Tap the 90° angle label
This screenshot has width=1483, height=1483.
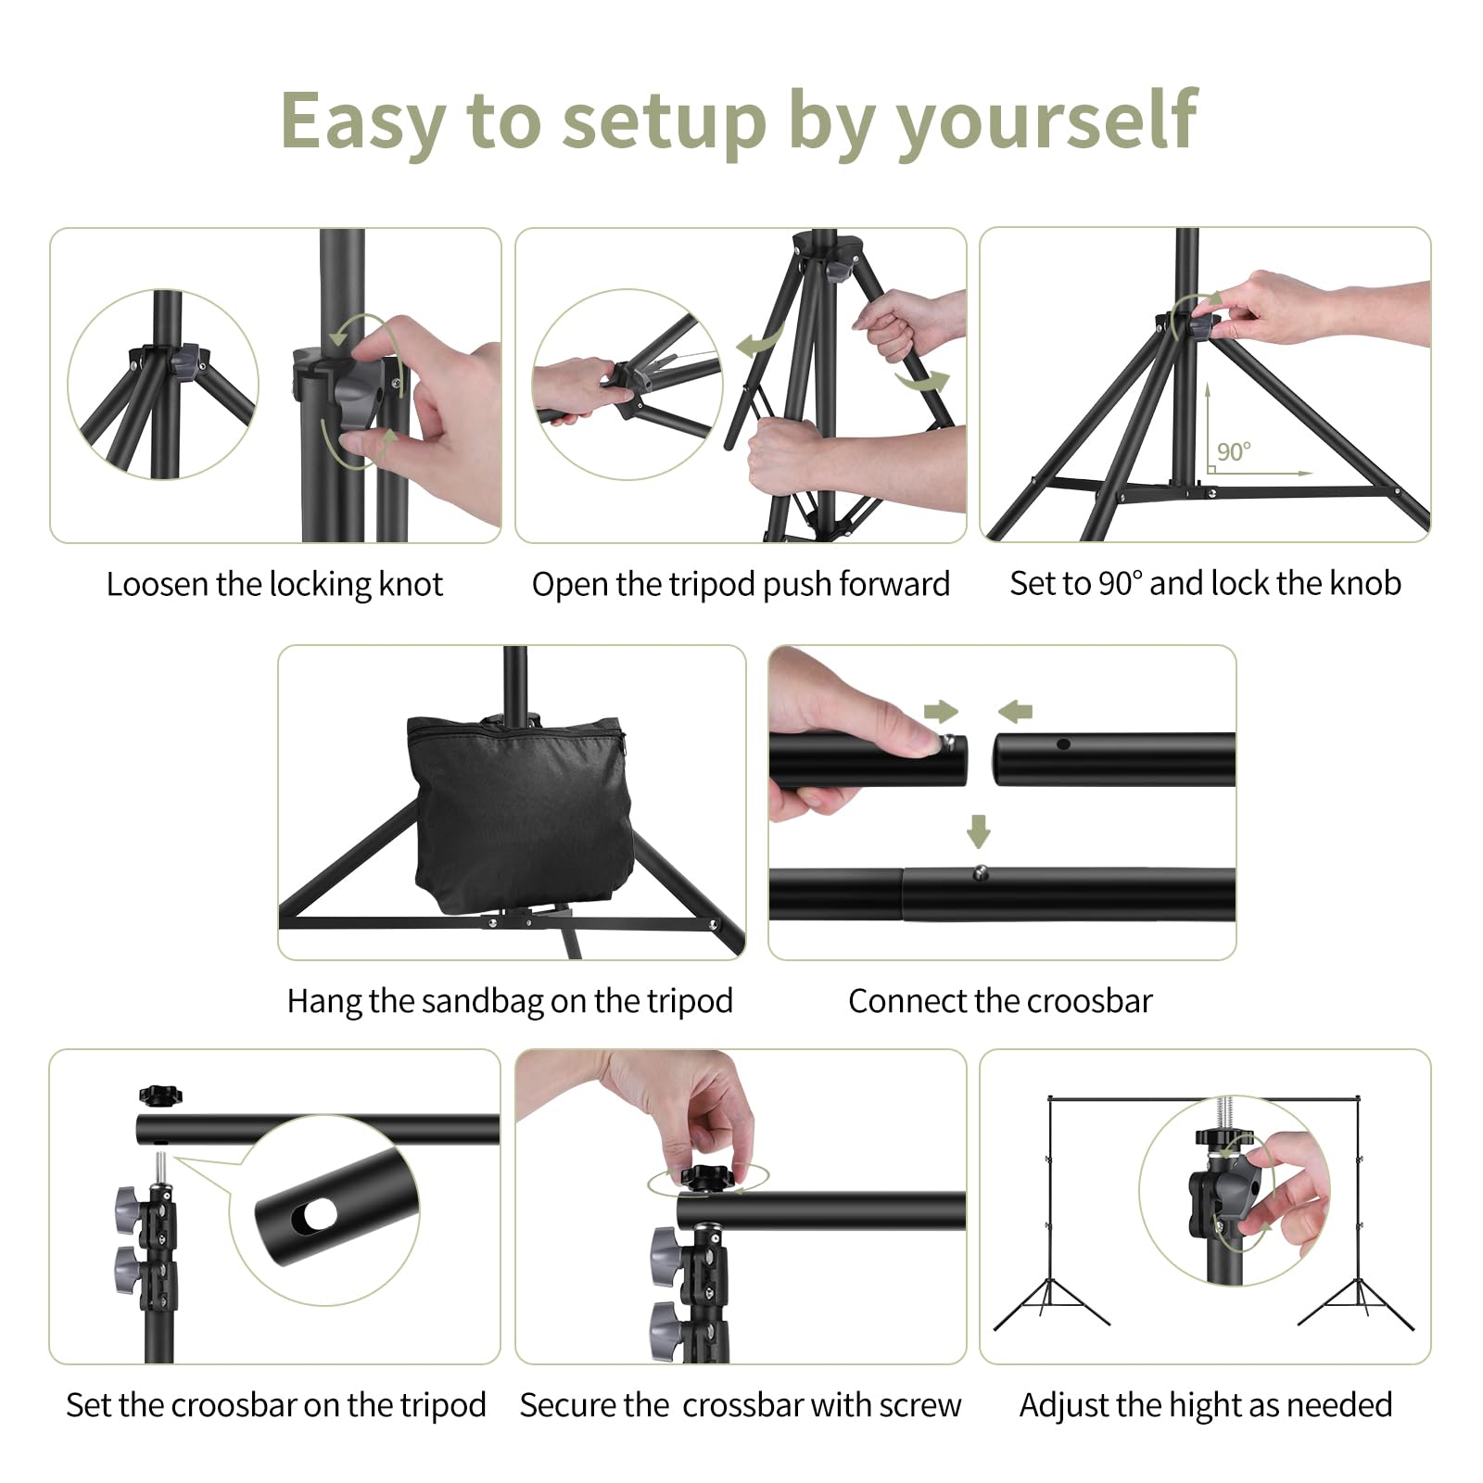pyautogui.click(x=1234, y=451)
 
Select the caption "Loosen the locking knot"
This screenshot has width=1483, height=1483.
pyautogui.click(x=274, y=584)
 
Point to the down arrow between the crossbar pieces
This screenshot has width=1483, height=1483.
pyautogui.click(x=979, y=830)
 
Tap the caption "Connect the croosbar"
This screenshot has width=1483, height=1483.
pyautogui.click(x=1000, y=1001)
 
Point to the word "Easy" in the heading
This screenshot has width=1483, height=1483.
pyautogui.click(x=363, y=122)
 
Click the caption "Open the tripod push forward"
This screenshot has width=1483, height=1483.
pyautogui.click(x=741, y=584)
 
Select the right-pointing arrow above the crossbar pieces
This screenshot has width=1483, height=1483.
pyautogui.click(x=941, y=711)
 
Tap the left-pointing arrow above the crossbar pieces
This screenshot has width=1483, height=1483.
pyautogui.click(x=1015, y=711)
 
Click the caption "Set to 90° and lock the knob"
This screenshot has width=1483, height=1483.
pyautogui.click(x=1205, y=583)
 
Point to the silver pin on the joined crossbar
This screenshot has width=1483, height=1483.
pyautogui.click(x=980, y=871)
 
